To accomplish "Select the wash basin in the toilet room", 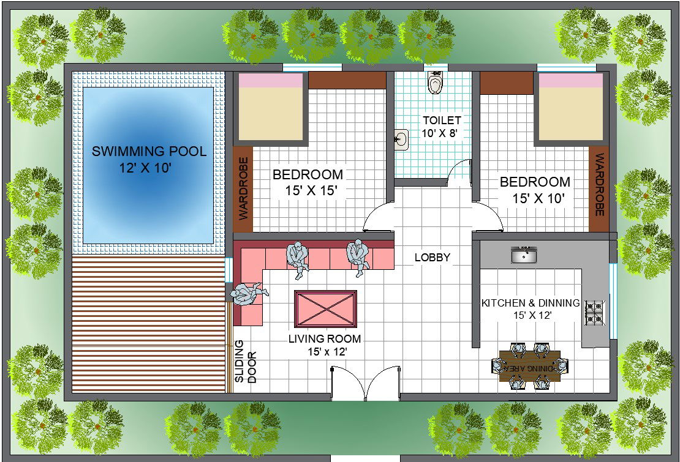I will point(401,140).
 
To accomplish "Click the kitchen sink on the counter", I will point(524,255).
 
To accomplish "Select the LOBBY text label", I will point(432,258).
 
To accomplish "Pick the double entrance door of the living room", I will point(365,383).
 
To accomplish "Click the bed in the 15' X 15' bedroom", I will point(271,108).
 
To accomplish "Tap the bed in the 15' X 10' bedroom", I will point(570,108).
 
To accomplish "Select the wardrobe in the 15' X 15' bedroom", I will point(243,189).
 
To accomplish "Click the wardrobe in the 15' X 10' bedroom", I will point(599,189).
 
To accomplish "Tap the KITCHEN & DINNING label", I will point(530,303).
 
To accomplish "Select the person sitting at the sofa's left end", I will point(249,294).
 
